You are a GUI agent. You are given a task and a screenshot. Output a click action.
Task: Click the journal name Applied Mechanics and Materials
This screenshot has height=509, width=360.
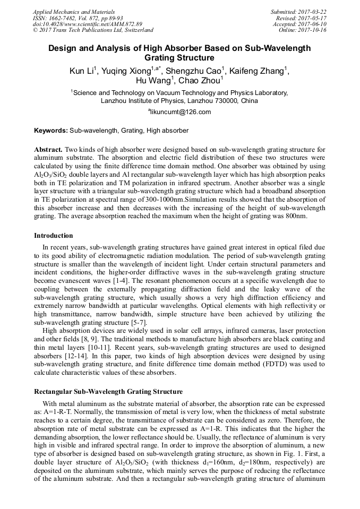pos(74,12)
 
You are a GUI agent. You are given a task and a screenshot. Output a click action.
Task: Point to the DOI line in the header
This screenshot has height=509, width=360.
pos(88,24)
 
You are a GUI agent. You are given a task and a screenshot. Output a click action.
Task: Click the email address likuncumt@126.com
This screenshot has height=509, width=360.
pos(181,112)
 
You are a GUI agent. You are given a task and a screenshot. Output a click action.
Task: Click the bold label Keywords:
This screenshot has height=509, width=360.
pos(51,130)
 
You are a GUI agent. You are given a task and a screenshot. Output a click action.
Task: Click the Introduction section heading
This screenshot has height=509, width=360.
pos(54,236)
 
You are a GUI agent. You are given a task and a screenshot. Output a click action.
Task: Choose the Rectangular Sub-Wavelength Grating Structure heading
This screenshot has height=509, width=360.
pos(108,392)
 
